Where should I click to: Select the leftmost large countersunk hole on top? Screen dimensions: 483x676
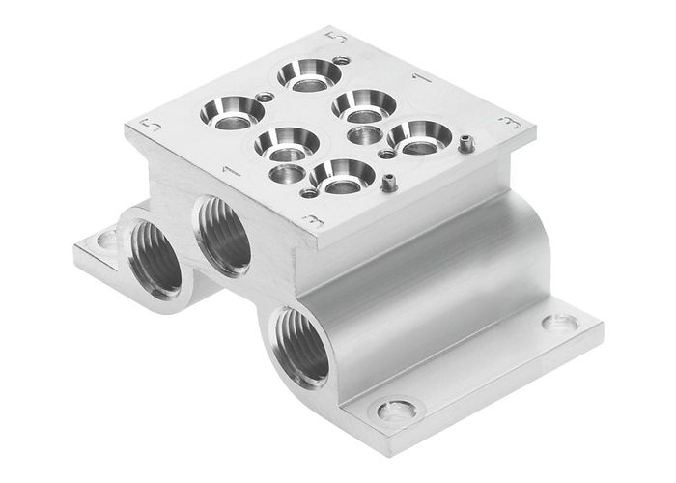226,113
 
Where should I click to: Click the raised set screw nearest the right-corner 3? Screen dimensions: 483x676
465,146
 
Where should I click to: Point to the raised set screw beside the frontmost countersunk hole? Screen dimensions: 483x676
387,181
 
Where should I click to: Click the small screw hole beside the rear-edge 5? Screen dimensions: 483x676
340,61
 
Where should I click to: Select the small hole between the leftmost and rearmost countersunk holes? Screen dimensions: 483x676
264,96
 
